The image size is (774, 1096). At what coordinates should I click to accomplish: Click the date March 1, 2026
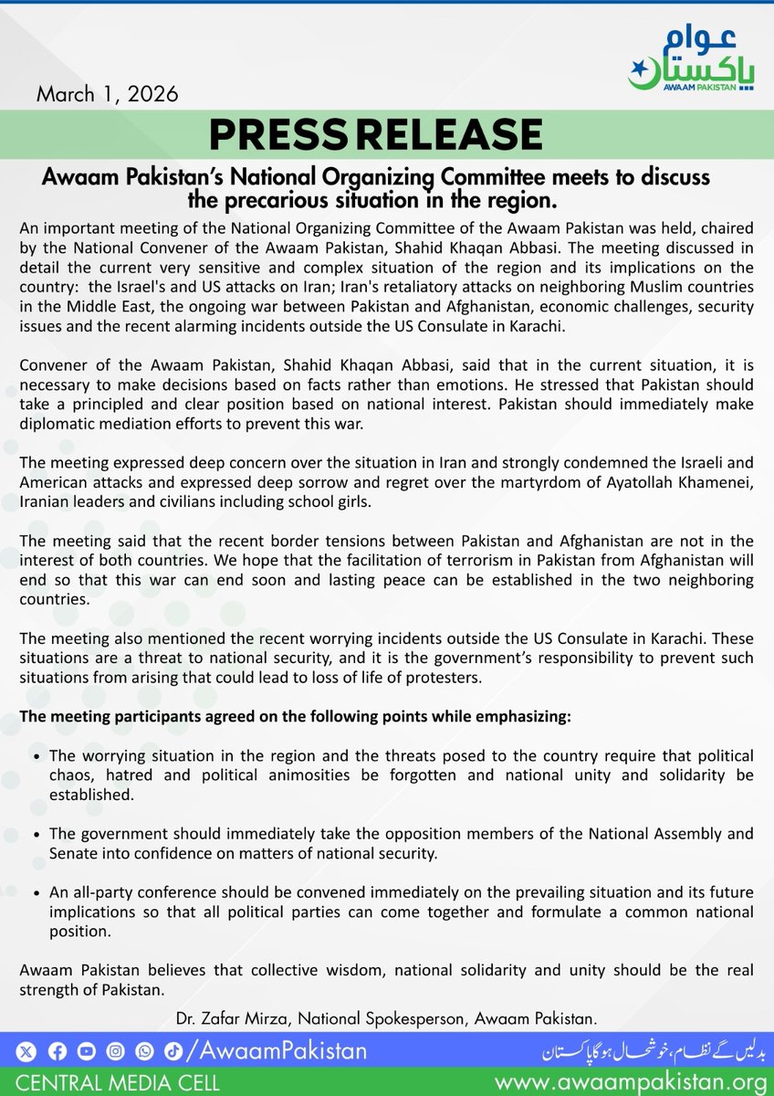(x=108, y=94)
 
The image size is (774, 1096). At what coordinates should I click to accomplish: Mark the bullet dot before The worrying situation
(x=35, y=758)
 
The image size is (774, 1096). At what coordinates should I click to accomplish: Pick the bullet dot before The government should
(x=35, y=835)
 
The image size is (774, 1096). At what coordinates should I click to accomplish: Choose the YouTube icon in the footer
(x=86, y=1052)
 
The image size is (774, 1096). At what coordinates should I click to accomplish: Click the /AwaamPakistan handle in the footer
(x=277, y=1051)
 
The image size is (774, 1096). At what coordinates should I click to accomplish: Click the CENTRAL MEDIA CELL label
(x=110, y=1083)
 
